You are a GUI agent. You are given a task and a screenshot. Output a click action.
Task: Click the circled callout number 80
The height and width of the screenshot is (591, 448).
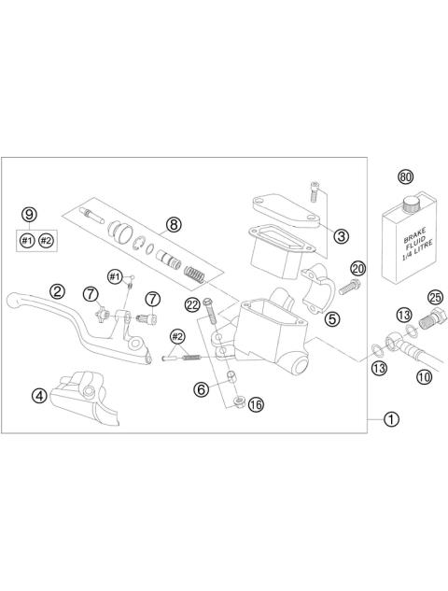click(404, 176)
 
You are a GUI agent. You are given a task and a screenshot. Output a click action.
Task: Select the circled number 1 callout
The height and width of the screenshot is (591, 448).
click(390, 419)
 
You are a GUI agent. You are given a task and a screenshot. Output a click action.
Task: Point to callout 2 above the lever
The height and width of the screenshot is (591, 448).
click(58, 290)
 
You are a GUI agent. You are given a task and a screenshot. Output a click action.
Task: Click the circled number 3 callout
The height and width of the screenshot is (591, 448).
click(343, 236)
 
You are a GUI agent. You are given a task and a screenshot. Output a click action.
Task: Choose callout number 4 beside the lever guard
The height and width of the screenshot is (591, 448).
click(40, 395)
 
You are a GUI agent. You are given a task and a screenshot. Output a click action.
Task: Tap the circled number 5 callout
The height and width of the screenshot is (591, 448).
click(329, 317)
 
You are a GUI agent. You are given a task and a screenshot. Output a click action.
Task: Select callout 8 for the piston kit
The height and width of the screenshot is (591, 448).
click(174, 224)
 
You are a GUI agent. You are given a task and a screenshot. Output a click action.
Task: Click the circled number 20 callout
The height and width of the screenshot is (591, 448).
click(358, 269)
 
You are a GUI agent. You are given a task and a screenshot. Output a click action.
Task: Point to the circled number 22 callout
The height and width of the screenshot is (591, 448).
click(192, 303)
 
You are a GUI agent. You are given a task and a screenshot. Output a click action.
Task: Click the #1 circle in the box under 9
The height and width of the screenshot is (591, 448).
click(28, 240)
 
